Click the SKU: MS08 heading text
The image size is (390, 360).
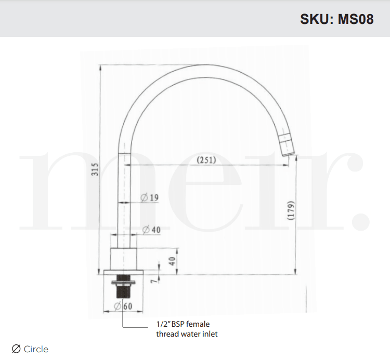[x=336, y=19]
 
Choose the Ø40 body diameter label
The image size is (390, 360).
[x=151, y=230]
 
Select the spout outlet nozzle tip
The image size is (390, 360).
[x=287, y=145]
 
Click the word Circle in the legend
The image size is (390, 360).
[x=36, y=349]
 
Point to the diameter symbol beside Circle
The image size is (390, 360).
[x=16, y=349]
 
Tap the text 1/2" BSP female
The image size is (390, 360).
[x=183, y=324]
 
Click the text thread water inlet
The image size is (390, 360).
[x=187, y=334]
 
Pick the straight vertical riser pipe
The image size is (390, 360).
[x=124, y=197]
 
